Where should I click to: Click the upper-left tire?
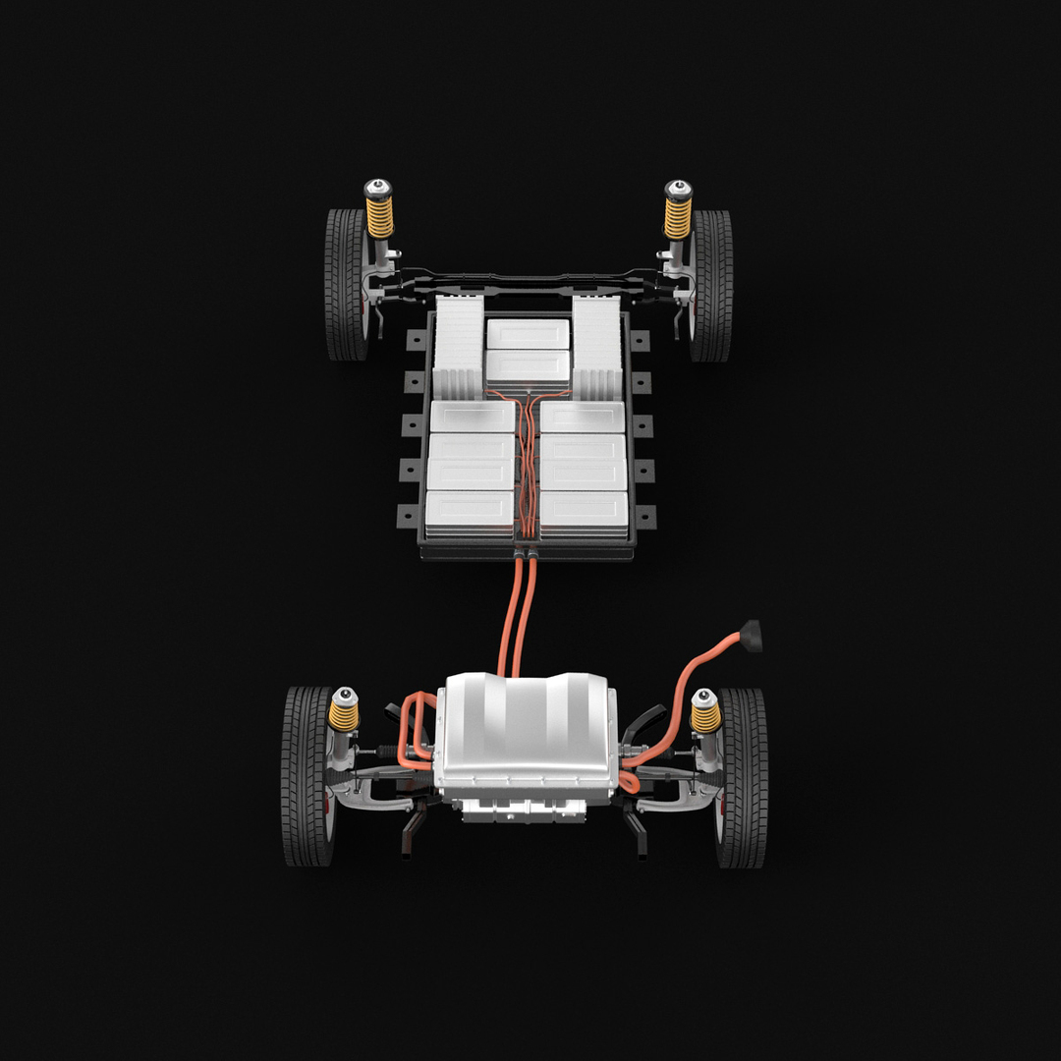point(345,285)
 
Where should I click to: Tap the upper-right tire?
point(711,285)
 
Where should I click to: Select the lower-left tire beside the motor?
point(307,776)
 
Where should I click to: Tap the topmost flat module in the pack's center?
point(528,334)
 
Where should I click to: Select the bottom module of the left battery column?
point(471,511)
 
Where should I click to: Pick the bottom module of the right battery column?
point(585,511)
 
